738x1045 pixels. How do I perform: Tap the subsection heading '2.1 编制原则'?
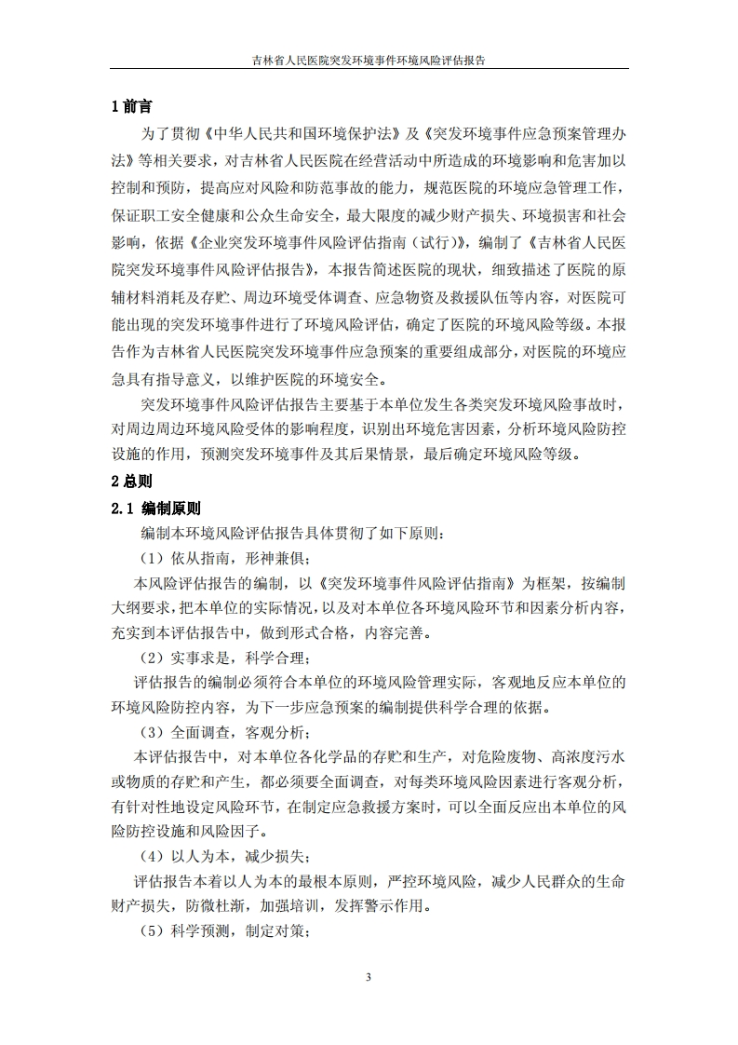click(x=155, y=509)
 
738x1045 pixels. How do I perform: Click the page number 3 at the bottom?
click(x=369, y=977)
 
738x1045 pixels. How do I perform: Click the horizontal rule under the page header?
click(x=369, y=69)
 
